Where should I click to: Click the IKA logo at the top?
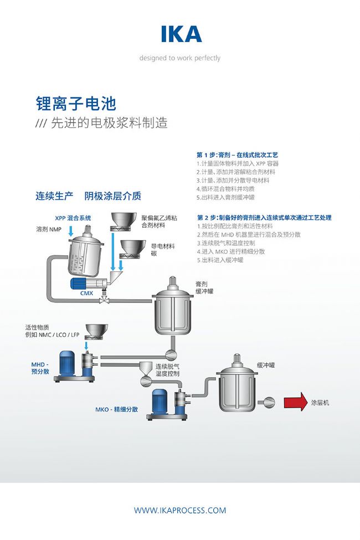tap(181, 34)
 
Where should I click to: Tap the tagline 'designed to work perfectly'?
tap(179, 58)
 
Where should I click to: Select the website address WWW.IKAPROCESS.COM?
tap(180, 510)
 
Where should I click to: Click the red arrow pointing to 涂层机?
tap(295, 403)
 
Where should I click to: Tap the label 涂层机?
tap(320, 403)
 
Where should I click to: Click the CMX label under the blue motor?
tap(87, 293)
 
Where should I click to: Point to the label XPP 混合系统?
tap(73, 218)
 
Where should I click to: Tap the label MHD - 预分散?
tap(40, 368)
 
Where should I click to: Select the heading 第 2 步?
tap(264, 218)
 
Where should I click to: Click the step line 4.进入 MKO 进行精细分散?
tap(231, 251)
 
